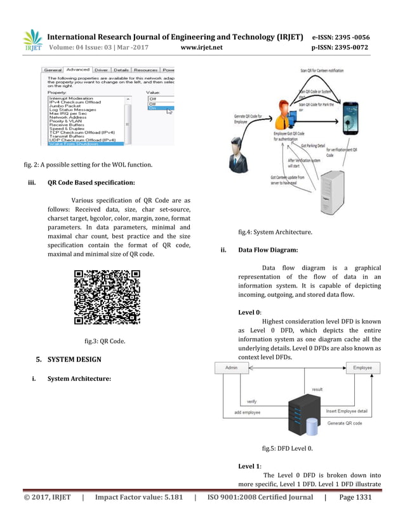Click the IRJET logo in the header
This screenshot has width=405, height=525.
(x=32, y=39)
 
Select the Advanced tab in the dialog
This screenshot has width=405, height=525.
(x=77, y=69)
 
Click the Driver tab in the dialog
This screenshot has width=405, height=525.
(x=101, y=69)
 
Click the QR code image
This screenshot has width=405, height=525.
(x=107, y=297)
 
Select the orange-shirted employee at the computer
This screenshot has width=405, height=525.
(x=284, y=116)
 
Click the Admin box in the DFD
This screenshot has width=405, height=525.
(x=231, y=369)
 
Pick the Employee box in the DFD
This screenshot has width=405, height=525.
(x=362, y=368)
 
